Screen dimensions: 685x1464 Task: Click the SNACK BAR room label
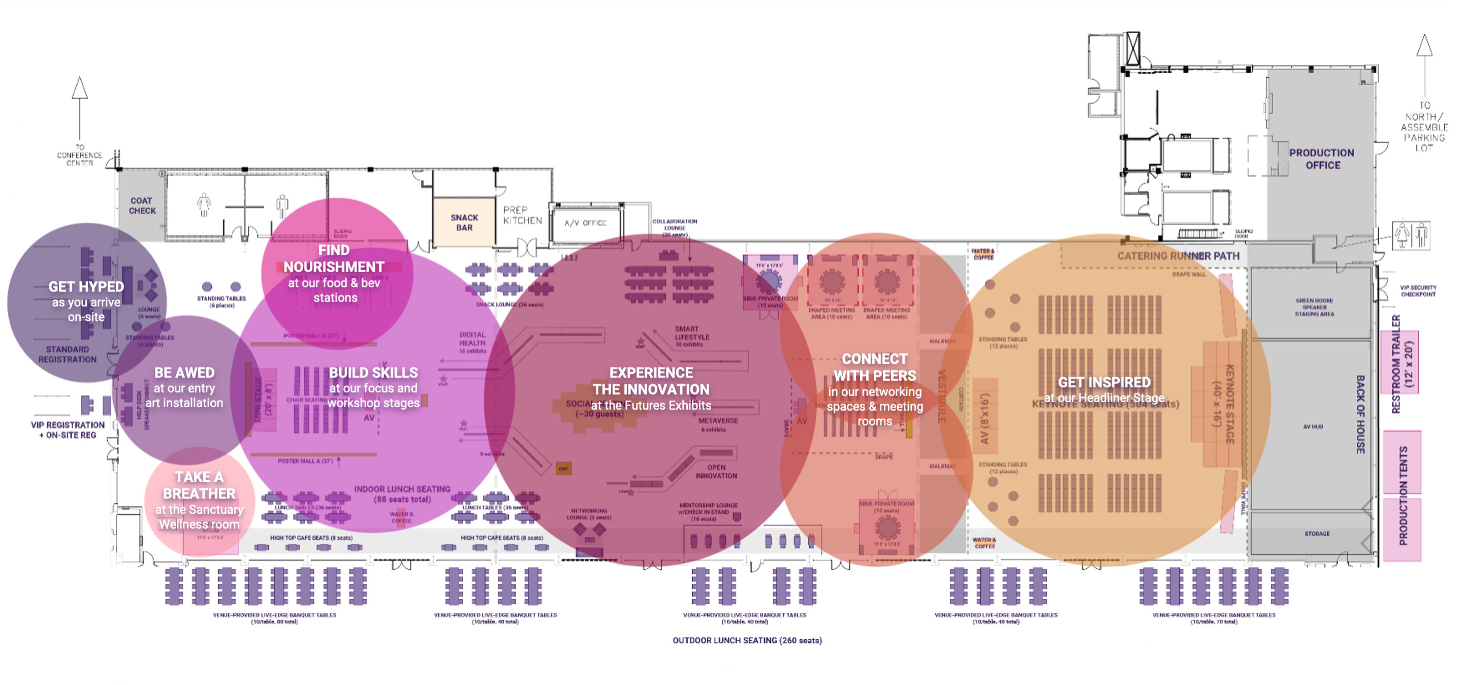tap(464, 222)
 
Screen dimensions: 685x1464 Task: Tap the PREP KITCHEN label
tap(522, 215)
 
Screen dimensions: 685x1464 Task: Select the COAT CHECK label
tap(142, 206)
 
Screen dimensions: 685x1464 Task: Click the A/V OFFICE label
tap(585, 222)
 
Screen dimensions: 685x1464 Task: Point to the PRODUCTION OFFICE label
tap(1321, 159)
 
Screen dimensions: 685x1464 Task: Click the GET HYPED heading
tap(86, 287)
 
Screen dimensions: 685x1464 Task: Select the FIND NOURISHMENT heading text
tap(334, 258)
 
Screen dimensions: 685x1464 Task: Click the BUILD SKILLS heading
tap(373, 373)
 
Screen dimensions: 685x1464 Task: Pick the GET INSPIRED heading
tap(1104, 382)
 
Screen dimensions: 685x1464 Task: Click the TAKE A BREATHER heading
tap(199, 485)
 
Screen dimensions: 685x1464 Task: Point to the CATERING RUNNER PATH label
tap(1177, 256)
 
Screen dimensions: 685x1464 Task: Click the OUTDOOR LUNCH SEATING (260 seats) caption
tap(747, 640)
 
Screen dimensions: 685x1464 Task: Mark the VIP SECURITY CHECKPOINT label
tap(1417, 291)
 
